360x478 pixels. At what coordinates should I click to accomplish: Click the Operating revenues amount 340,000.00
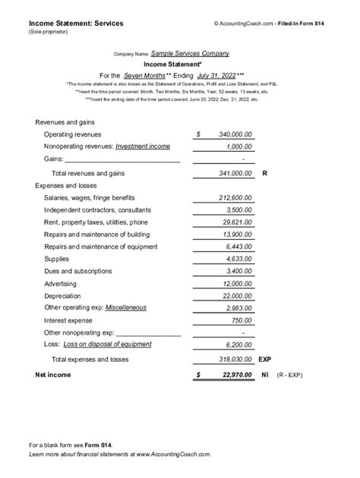(x=235, y=134)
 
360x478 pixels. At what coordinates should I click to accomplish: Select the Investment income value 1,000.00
(x=240, y=146)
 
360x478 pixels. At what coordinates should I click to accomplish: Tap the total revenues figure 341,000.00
(x=235, y=174)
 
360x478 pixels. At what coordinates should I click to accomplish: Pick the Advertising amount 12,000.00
(x=238, y=283)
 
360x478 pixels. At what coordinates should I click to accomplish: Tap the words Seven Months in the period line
(x=145, y=76)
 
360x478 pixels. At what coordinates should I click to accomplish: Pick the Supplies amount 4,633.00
(x=240, y=259)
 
